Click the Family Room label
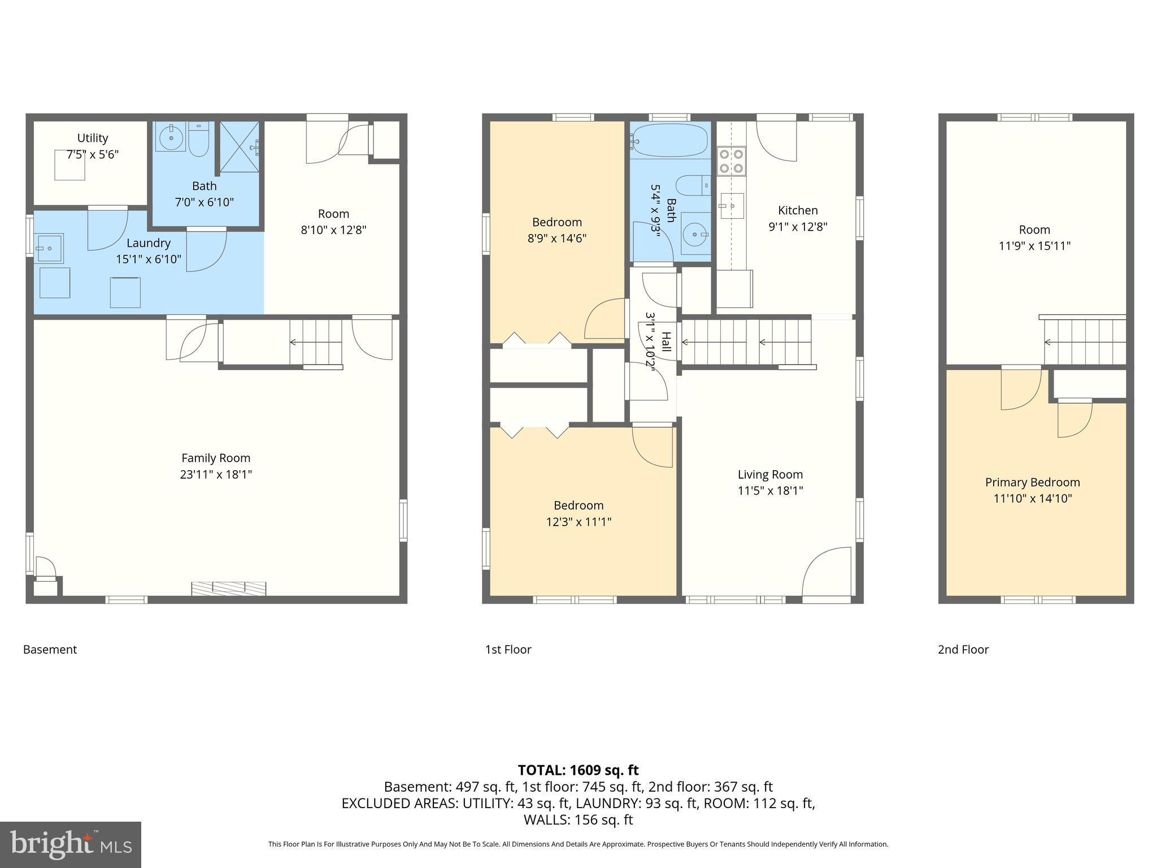click(216, 458)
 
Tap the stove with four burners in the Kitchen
click(731, 161)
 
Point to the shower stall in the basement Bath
click(240, 146)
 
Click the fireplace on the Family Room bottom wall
click(229, 588)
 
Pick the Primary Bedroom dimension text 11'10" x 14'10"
click(1032, 498)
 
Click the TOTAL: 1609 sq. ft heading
click(578, 770)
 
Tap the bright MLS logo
click(71, 844)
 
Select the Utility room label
click(93, 138)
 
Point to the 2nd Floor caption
click(963, 649)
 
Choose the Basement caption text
click(50, 649)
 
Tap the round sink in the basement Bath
click(169, 137)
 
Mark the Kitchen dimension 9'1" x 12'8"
click(798, 227)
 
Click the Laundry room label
click(149, 243)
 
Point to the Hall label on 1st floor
click(666, 342)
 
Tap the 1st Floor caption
click(508, 649)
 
